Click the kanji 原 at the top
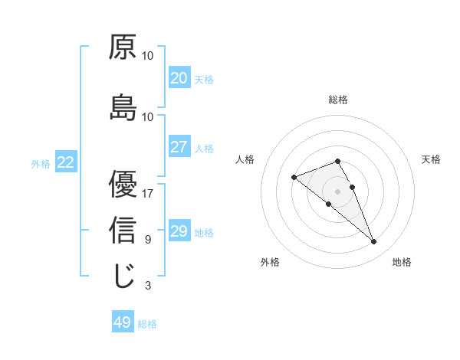pos(123,47)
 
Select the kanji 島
pos(123,108)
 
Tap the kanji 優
pos(123,184)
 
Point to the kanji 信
pos(123,231)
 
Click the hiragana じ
pos(123,277)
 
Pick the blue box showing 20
pos(179,78)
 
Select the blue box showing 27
pos(179,147)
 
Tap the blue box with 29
pos(179,231)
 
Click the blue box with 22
pos(65,162)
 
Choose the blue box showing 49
pos(123,322)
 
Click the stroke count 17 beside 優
pos(147,193)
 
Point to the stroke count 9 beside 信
pos(147,239)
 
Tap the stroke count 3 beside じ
pos(147,286)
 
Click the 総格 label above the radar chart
pos(338,100)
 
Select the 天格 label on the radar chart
pos(431,159)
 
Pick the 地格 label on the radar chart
pos(402,262)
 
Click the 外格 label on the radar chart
pos(270,262)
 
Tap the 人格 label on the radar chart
pos(245,159)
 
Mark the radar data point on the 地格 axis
pos(374,242)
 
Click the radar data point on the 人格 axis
pos(294,178)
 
